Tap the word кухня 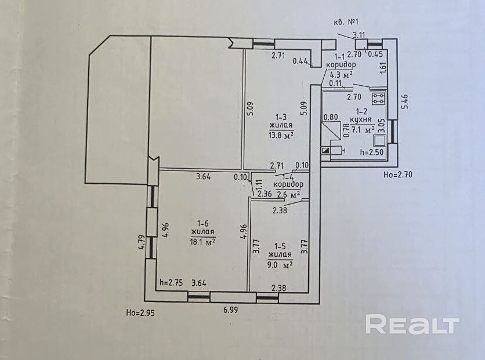(x=363, y=121)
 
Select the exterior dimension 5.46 (x=406, y=103)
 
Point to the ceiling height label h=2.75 (x=171, y=283)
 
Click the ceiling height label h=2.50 (x=372, y=152)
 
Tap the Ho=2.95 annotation (x=140, y=313)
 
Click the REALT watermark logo (x=412, y=324)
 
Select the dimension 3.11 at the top (x=359, y=35)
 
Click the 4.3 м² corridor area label (x=342, y=74)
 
